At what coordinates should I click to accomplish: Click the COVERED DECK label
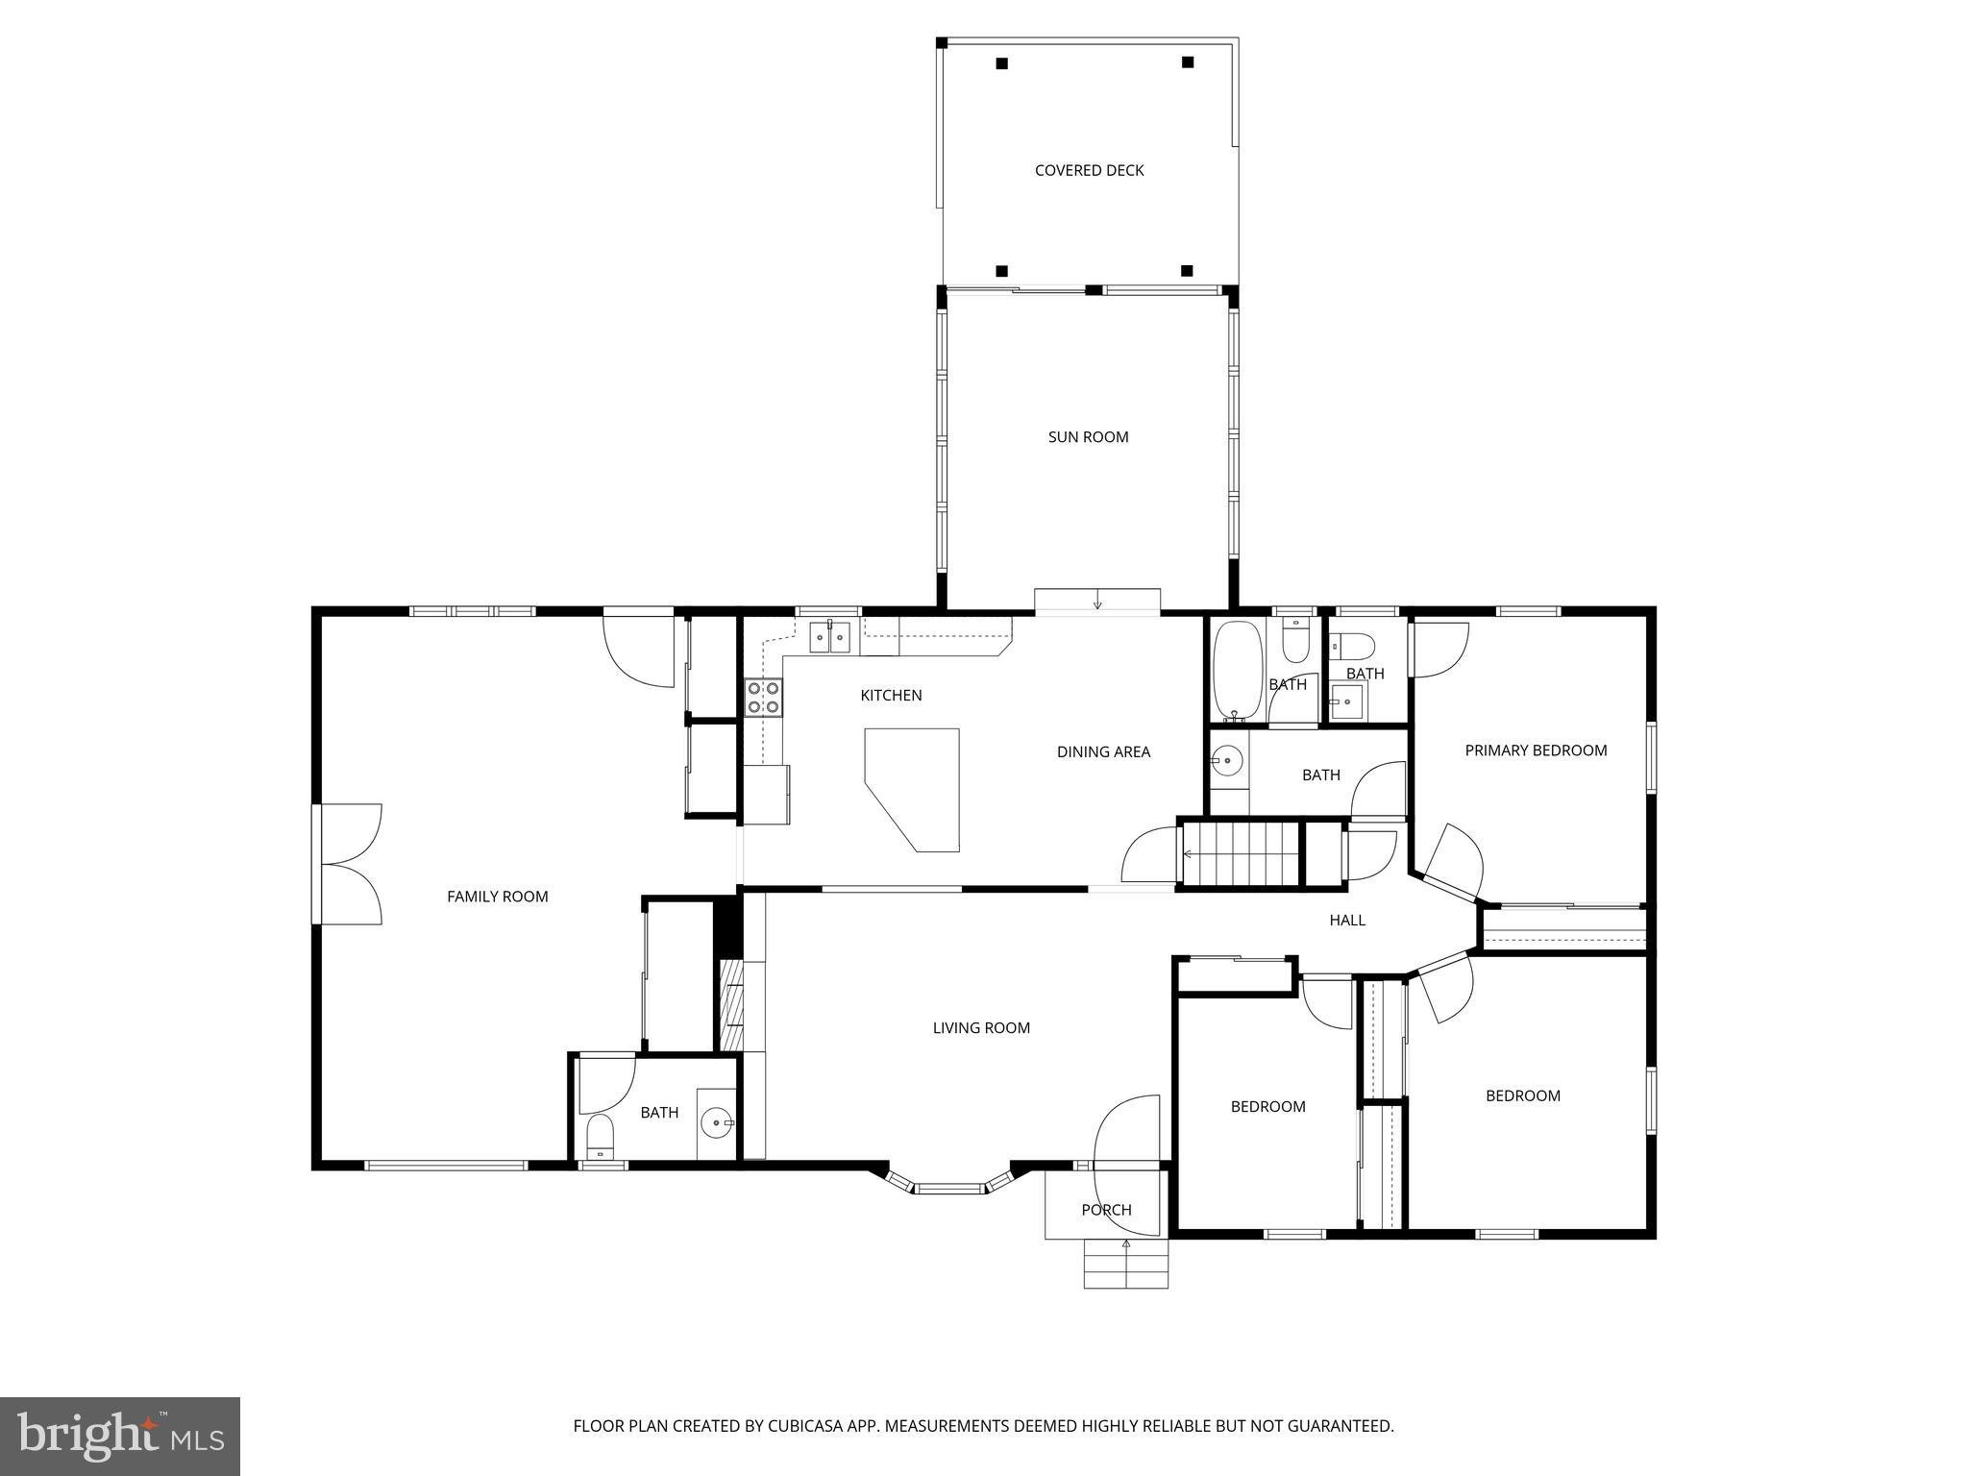point(1089,170)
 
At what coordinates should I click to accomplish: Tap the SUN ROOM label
point(1088,436)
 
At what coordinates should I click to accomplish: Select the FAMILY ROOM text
point(497,897)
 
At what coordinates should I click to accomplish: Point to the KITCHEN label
point(891,695)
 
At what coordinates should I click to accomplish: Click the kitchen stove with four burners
point(764,698)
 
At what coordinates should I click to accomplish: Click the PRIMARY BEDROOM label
point(1536,750)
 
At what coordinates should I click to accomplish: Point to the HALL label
point(1347,920)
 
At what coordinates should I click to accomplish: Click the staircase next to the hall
point(1240,853)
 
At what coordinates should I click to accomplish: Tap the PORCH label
point(1106,1210)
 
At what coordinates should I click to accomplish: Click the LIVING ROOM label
point(981,1027)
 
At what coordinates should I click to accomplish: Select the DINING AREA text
point(1103,751)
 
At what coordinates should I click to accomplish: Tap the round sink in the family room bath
point(717,1121)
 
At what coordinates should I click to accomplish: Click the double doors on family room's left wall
point(351,864)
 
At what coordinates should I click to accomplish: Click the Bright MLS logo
point(120,1436)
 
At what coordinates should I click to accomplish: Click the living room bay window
point(949,1188)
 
